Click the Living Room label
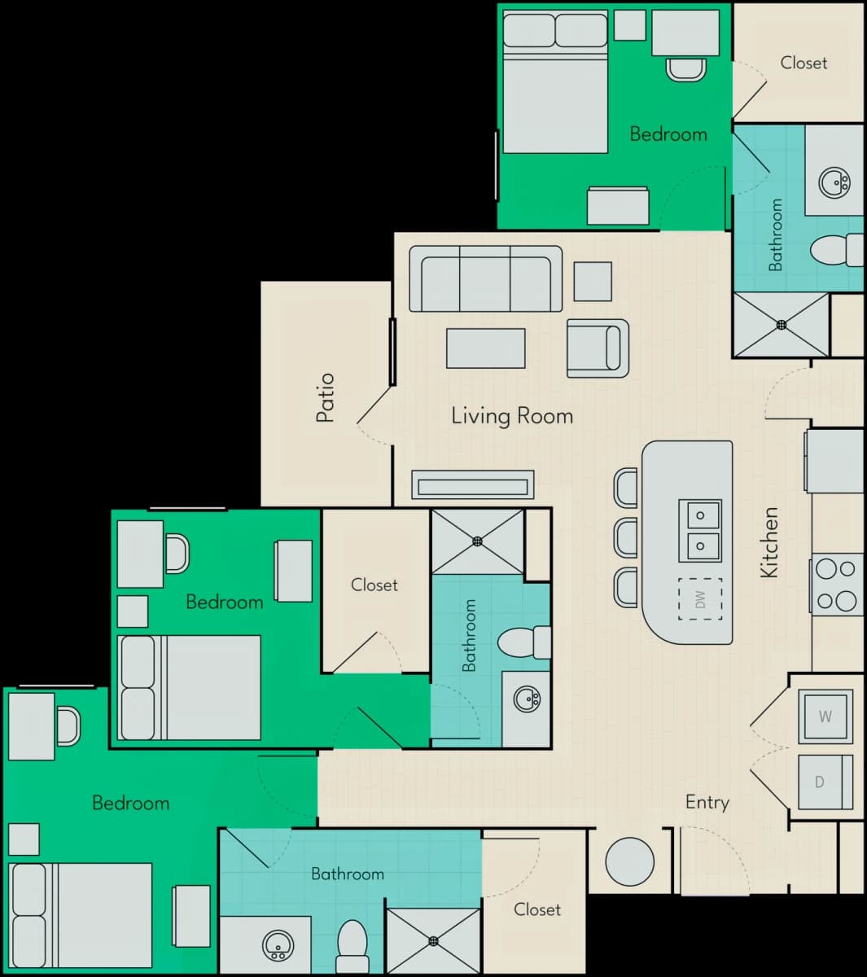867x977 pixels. pos(512,416)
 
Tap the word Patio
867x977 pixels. pos(326,398)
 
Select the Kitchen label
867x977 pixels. pos(769,542)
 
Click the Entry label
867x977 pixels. pos(707,803)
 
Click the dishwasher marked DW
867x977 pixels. pos(700,599)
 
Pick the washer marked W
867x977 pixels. pos(825,716)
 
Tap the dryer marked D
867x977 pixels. pos(825,782)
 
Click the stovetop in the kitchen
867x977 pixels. pos(837,585)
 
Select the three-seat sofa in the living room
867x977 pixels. pos(485,278)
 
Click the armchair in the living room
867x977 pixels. pos(598,348)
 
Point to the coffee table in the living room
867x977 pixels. pos(485,348)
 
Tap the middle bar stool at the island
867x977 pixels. pos(626,538)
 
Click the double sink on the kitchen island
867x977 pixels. pos(700,531)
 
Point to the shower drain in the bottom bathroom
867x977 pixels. pos(433,941)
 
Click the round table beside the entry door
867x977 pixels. pos(630,861)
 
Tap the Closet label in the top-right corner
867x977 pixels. pos(804,63)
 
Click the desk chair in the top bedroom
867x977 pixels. pos(686,70)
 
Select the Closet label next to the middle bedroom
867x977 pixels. pos(374,585)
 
